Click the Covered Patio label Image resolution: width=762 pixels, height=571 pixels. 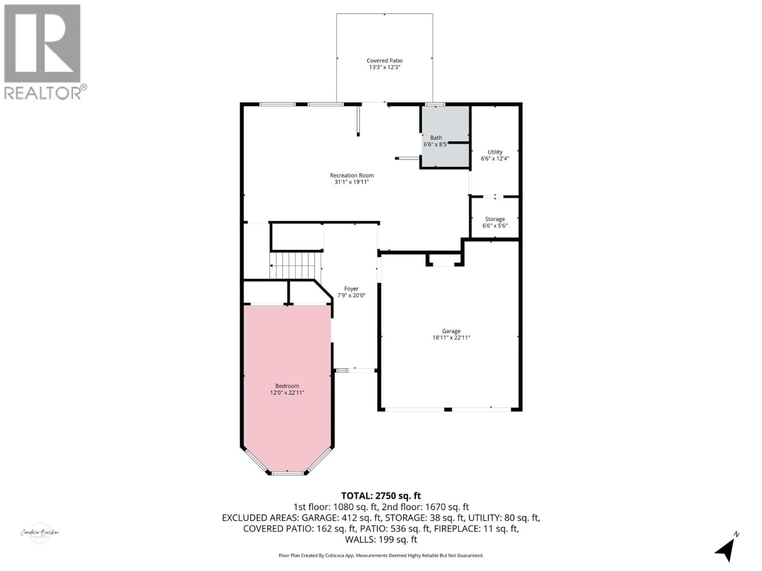(384, 61)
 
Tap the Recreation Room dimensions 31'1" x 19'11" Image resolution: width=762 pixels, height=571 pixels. (352, 182)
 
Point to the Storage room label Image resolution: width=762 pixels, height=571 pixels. (495, 219)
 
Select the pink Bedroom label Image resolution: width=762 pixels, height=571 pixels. (287, 386)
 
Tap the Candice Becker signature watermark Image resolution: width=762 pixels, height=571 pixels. (40, 533)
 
